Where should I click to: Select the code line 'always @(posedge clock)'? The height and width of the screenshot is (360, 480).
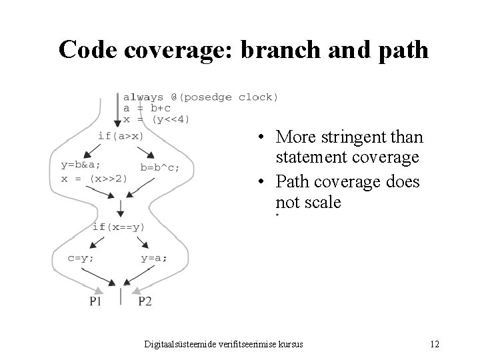point(201,97)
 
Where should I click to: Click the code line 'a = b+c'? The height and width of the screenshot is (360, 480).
point(147,109)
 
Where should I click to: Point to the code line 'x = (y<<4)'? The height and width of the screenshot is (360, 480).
point(156,120)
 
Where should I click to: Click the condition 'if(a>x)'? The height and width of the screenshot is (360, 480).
point(121,136)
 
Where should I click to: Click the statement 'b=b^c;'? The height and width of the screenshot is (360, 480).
point(159,167)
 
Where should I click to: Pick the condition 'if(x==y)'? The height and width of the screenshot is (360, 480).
point(118,227)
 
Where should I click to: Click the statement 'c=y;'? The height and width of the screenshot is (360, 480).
point(81,258)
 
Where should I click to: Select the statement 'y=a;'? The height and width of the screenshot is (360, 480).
point(154,258)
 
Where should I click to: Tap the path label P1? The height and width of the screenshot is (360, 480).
point(96,302)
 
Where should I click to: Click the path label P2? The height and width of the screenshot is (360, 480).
point(145,302)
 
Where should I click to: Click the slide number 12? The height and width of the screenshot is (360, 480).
point(435,345)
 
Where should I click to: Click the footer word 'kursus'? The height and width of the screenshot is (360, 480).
point(290,345)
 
